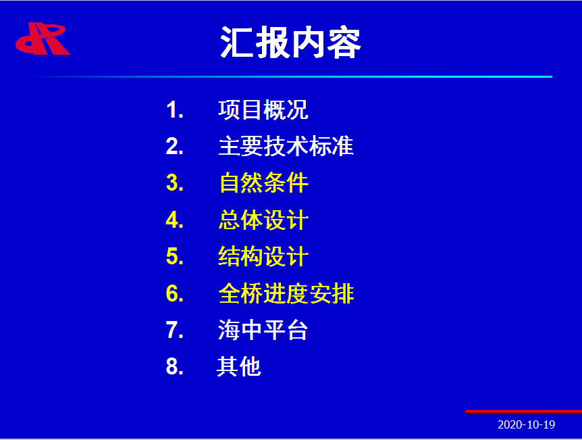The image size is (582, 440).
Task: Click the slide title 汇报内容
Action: point(290,43)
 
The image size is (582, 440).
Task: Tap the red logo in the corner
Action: point(43,39)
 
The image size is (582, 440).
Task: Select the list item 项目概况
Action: point(263,110)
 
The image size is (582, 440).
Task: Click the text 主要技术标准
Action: point(286,146)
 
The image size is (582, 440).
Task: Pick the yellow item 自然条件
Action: point(263,183)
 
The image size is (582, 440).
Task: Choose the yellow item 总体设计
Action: point(263,220)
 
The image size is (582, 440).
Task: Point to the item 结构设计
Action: point(263,256)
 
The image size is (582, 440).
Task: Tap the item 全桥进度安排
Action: point(286,293)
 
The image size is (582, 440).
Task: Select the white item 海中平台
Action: point(263,330)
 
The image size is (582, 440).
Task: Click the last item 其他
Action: point(239,366)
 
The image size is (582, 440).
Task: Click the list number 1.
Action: point(175,110)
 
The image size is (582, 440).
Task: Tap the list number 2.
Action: point(175,147)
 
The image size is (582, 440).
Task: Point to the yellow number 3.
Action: point(175,183)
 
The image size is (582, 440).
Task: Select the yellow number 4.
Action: point(175,220)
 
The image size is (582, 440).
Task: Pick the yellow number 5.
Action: point(175,256)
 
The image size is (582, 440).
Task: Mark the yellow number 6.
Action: point(175,293)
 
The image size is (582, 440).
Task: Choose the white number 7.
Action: point(175,330)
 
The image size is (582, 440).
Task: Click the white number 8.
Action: point(175,366)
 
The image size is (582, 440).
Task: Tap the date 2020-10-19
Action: point(527,424)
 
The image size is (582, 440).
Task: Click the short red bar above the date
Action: point(524,412)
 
